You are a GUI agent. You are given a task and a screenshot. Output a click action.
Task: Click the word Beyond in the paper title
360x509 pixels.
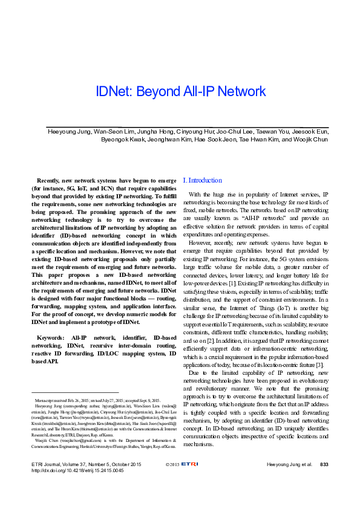point(160,92)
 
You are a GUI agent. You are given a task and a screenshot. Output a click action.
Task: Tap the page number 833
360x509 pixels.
point(324,481)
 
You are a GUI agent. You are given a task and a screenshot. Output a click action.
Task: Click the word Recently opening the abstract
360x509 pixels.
point(55,180)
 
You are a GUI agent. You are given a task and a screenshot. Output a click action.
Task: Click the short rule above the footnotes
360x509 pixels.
point(66,393)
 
